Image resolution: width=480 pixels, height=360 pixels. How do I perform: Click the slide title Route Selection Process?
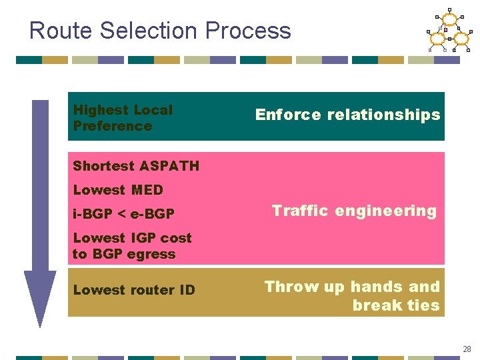(x=160, y=31)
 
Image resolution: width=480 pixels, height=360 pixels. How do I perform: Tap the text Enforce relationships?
(x=347, y=115)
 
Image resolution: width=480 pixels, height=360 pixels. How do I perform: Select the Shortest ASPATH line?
(x=136, y=166)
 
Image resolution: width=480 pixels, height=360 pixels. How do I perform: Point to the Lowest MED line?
(x=118, y=190)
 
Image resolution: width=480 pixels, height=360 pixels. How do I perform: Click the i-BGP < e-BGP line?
(x=123, y=214)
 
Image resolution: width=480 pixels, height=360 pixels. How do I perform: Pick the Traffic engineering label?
(x=353, y=211)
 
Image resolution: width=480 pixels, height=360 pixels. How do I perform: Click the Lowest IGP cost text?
(x=132, y=238)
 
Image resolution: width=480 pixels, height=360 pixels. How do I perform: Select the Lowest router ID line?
(x=134, y=290)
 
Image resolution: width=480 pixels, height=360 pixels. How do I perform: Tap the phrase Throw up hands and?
(x=352, y=287)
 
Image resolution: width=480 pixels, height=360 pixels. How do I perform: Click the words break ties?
(x=396, y=305)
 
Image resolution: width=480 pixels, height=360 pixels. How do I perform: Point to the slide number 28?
(x=467, y=348)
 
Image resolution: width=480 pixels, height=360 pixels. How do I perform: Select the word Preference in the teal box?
(x=113, y=126)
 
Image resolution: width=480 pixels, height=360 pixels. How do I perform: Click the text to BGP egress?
(x=124, y=254)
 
